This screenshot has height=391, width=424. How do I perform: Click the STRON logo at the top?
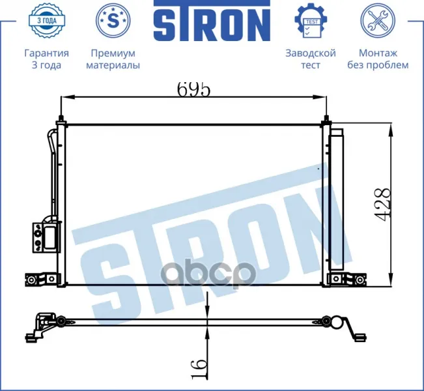click(x=212, y=21)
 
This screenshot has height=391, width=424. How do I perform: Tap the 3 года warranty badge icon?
click(x=46, y=20)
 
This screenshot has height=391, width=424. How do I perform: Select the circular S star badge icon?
click(x=113, y=20)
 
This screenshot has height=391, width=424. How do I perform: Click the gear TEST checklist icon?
click(x=311, y=20)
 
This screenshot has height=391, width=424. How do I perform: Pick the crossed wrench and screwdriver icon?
click(x=378, y=20)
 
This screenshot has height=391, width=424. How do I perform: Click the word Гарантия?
click(x=46, y=53)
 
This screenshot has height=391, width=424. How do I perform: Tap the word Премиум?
click(x=113, y=53)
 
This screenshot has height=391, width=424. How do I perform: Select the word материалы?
click(x=113, y=65)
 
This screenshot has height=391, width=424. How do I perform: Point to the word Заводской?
click(x=311, y=53)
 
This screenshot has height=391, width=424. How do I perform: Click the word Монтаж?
click(x=378, y=53)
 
